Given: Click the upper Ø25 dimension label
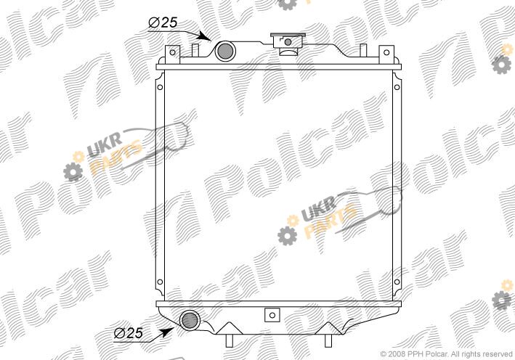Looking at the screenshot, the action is point(163,22).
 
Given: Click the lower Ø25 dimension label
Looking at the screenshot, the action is point(129,333).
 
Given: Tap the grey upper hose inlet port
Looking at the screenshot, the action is point(225,51).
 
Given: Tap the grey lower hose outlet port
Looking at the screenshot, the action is point(190,320).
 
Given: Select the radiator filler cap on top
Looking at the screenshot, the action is point(288,43).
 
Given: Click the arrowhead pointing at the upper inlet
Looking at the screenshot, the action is point(206,36).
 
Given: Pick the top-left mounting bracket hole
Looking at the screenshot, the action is point(172,52).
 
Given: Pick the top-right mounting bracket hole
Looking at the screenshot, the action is point(386,52).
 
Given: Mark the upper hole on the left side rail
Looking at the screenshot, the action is point(160,87).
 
